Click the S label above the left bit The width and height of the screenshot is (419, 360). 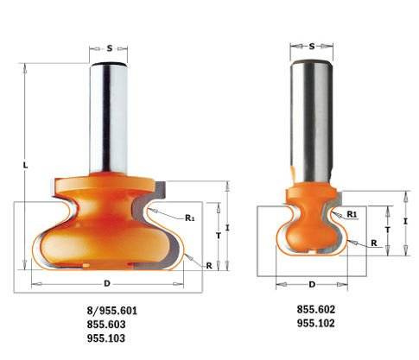click(x=110, y=48)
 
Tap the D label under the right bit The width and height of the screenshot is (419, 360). click(x=311, y=284)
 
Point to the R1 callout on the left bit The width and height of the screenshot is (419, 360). click(x=189, y=218)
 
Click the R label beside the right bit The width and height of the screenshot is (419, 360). click(x=373, y=243)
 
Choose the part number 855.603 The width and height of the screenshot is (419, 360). click(x=106, y=324)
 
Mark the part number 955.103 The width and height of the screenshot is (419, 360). click(x=106, y=338)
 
